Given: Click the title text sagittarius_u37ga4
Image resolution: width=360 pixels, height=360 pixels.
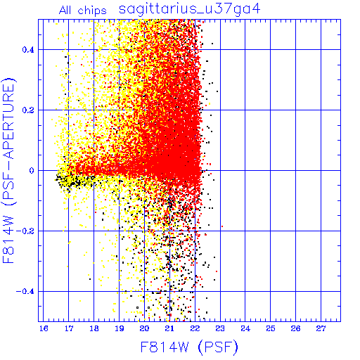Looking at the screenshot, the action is click(x=189, y=10).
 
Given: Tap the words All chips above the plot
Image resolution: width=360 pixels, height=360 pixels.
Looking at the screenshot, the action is click(x=83, y=11).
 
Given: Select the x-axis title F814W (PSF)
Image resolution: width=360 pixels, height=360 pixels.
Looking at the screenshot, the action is click(x=189, y=347).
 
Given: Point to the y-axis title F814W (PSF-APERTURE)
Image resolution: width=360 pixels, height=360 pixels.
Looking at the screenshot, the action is click(x=8, y=170).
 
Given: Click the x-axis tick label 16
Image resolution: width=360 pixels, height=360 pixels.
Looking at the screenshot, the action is click(x=44, y=328).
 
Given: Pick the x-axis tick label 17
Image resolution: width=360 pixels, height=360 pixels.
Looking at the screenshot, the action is click(x=69, y=328).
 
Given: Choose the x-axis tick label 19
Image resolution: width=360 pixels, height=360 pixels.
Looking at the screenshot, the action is click(x=120, y=328).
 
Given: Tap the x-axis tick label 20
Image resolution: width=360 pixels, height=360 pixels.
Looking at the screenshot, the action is click(x=144, y=328).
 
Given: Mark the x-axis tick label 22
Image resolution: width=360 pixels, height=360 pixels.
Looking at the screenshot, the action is click(x=195, y=328).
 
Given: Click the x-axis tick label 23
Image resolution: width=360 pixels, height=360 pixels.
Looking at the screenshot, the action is click(x=220, y=328).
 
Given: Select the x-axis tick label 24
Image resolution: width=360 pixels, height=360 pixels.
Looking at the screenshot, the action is click(x=245, y=328).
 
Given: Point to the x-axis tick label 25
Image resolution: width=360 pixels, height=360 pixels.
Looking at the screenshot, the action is click(x=271, y=328).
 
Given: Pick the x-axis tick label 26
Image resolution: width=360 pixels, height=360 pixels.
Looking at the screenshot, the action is click(x=295, y=328).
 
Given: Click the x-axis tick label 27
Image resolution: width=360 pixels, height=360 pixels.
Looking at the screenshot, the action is click(x=321, y=328).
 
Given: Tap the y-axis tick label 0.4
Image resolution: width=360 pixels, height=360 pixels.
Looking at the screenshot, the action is click(x=28, y=50).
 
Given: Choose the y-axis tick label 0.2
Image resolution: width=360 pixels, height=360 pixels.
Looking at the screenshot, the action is click(x=28, y=110).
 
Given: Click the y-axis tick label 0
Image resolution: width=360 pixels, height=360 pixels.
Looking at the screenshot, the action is click(x=32, y=171).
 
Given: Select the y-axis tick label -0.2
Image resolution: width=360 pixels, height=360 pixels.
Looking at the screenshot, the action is click(x=25, y=231).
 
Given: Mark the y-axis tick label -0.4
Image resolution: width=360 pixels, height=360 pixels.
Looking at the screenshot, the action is click(x=25, y=292).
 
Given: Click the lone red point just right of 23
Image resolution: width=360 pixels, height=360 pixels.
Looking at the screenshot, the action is click(x=222, y=226).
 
